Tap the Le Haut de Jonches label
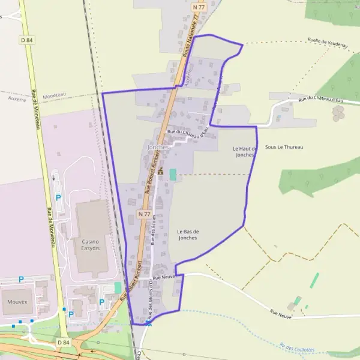coord(245,151)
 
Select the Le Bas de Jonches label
coord(188,234)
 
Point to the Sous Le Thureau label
coord(284,147)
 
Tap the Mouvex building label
coord(18,302)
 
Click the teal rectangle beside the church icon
coord(173,174)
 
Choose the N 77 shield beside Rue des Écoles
coord(144,214)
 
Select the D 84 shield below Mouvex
coord(64,341)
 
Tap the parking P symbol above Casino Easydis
coord(58,197)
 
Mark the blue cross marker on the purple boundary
coord(148,323)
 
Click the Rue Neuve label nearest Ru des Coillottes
coord(281,313)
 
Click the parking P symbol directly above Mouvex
coord(21,279)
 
